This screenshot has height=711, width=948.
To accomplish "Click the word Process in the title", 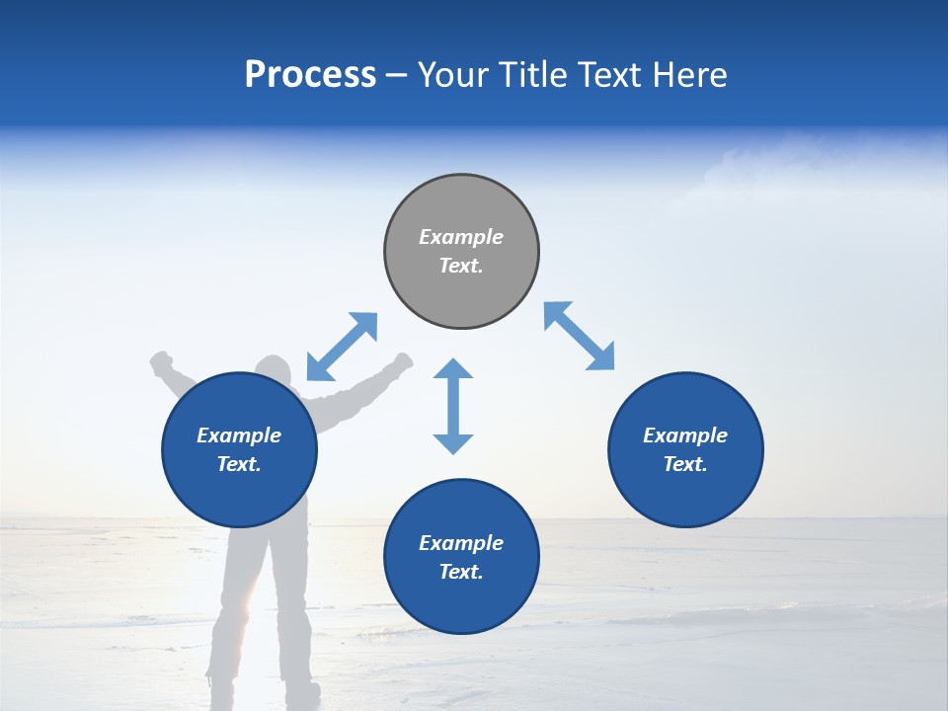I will tap(310, 75).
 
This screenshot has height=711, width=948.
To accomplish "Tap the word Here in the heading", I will tap(687, 75).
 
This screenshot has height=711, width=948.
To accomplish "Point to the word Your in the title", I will tap(455, 75).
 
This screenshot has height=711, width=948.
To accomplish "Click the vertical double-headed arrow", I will tap(453, 406).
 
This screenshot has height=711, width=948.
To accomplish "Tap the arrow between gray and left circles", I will tap(342, 347).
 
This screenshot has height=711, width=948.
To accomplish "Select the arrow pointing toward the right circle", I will tap(580, 336).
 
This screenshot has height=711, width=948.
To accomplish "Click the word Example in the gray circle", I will tap(461, 237).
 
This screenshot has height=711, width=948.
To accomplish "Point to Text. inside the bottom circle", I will tap(461, 572).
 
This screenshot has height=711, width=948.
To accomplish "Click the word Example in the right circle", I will tap(685, 435).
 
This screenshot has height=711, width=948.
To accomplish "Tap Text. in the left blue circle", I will tap(239, 464).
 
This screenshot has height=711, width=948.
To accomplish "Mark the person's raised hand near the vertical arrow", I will tap(403, 361).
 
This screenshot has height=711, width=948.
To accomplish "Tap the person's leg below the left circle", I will tap(237, 592).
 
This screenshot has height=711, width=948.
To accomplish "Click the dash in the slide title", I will tap(397, 75).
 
